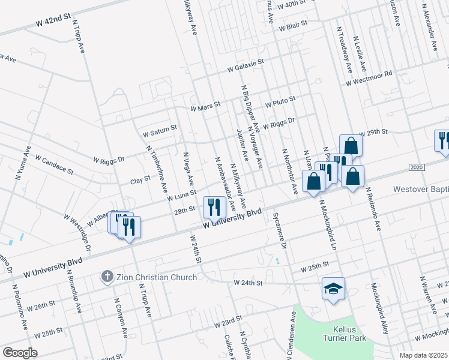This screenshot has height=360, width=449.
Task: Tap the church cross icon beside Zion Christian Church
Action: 107,277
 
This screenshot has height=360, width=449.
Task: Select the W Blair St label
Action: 289,25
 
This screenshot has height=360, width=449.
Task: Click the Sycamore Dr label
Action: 280,227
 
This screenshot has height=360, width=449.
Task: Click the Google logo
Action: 20,353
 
